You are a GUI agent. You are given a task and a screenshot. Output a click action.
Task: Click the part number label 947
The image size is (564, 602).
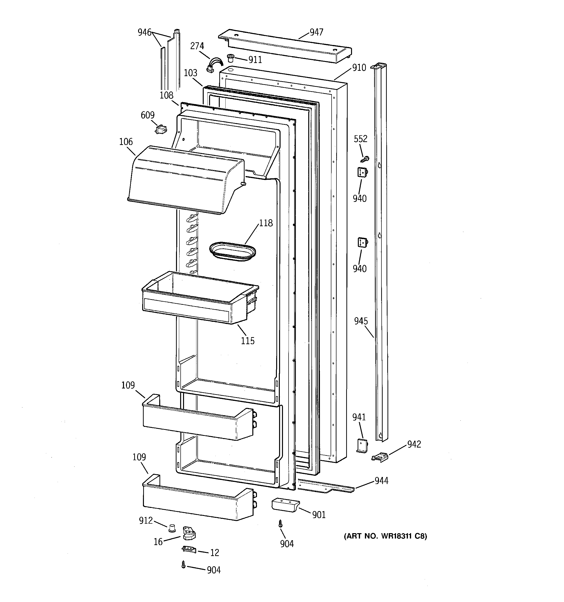click(316, 32)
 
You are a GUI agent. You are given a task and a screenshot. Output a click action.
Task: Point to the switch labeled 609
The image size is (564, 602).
click(161, 130)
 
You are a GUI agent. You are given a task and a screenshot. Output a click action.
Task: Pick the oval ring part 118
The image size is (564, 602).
click(232, 251)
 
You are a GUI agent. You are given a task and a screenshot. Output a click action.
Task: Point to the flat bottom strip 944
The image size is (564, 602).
click(326, 485)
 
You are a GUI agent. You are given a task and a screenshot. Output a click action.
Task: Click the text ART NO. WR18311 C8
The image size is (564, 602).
click(385, 536)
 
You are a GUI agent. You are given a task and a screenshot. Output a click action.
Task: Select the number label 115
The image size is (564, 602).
click(248, 341)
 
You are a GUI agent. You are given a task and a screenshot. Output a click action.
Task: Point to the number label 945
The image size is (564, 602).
click(361, 321)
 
